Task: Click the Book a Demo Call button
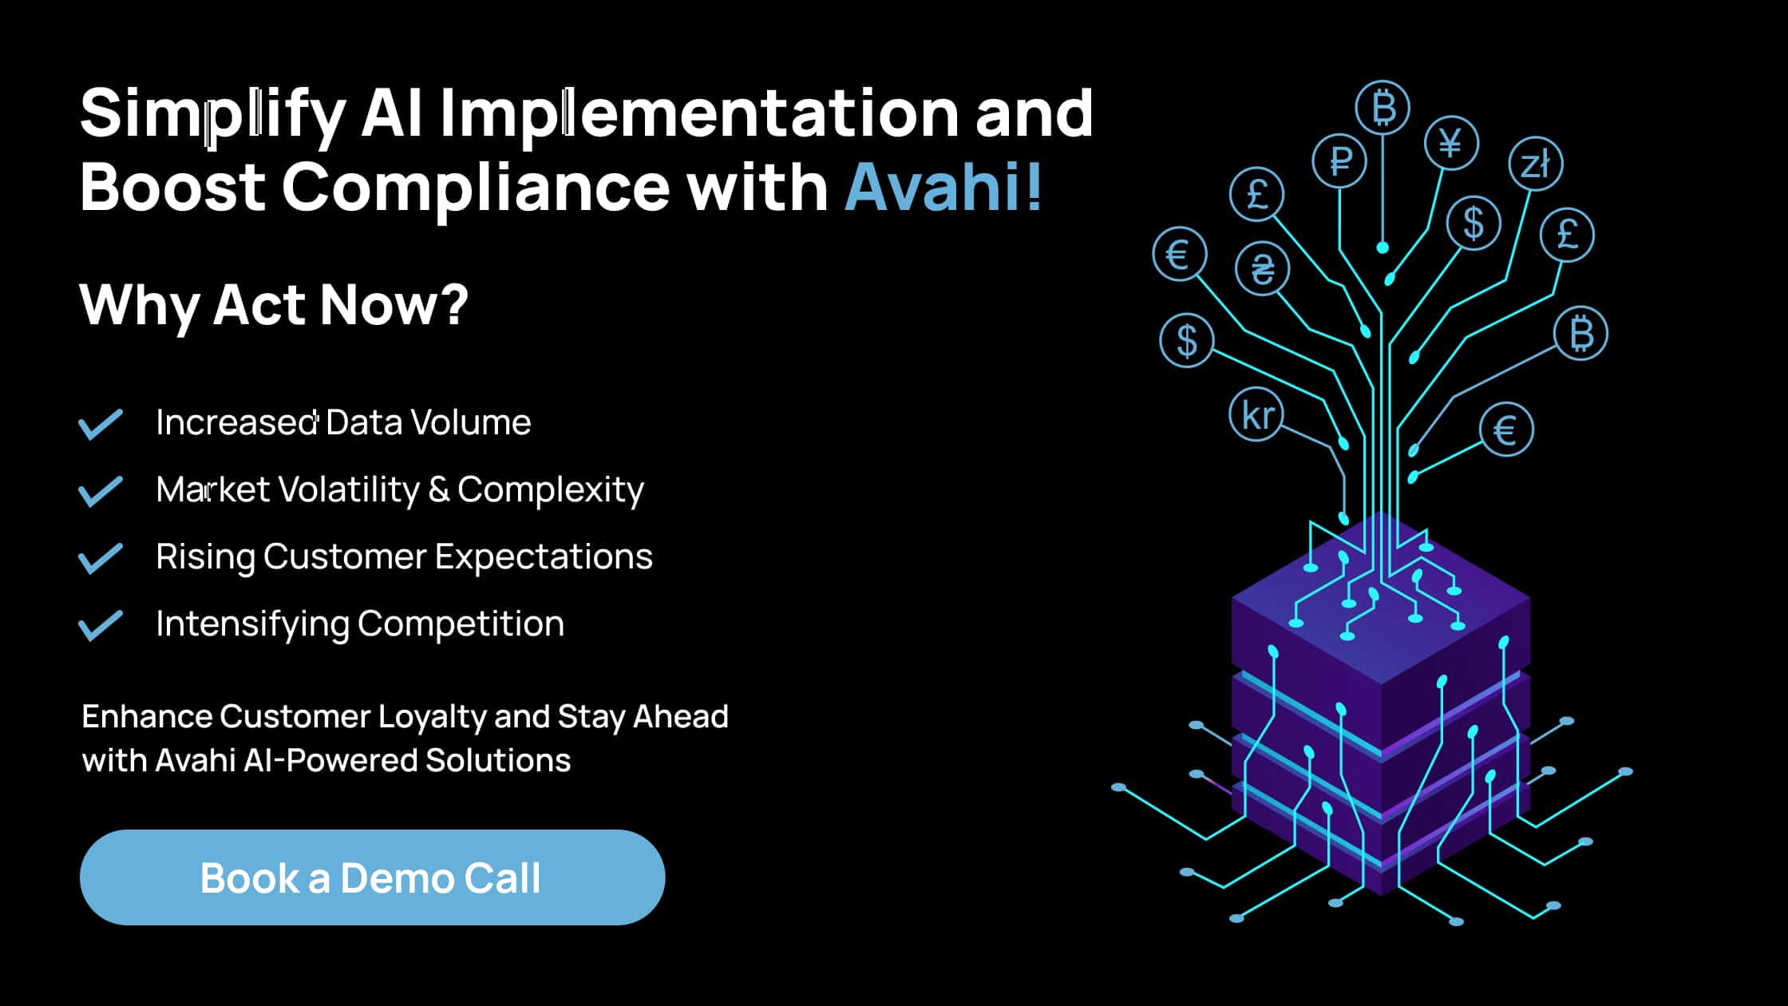[372, 877]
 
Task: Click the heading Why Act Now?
[274, 305]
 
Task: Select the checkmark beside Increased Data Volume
[101, 424]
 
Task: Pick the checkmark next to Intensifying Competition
[101, 625]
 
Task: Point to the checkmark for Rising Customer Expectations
[101, 558]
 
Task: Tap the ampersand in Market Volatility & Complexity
[438, 490]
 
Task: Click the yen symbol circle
[1451, 144]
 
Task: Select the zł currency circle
[1536, 164]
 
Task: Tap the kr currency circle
[1257, 415]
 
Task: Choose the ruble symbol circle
[1340, 161]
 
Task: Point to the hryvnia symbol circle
[1262, 268]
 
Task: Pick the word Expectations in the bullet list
[544, 557]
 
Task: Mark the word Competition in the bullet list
[461, 624]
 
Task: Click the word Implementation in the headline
[698, 114]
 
